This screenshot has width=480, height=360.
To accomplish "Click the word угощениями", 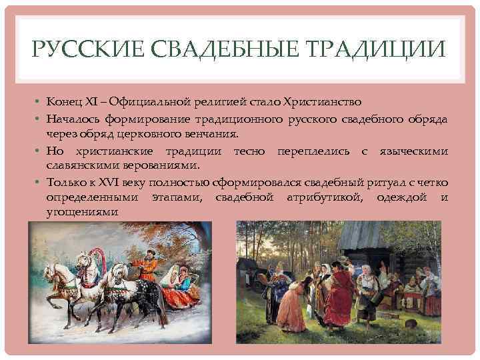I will pos(82,211).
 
